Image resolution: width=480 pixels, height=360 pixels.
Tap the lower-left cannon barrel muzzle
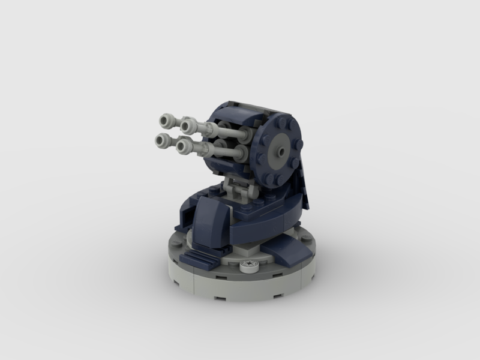tap(161, 140)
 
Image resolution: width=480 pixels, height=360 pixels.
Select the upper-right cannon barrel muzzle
tap(187, 126)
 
